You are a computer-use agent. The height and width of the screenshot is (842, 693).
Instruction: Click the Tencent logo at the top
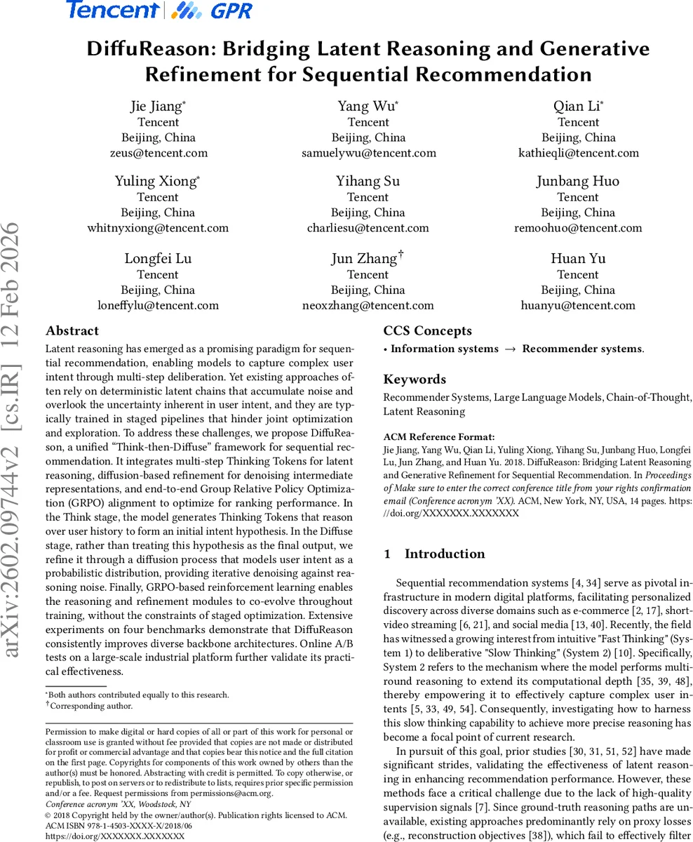pyautogui.click(x=112, y=10)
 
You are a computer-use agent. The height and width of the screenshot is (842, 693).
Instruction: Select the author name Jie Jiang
pyautogui.click(x=156, y=106)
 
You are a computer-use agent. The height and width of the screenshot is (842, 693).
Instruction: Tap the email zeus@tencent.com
pyautogui.click(x=159, y=153)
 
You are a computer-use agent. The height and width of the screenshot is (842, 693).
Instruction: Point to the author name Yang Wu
pyautogui.click(x=366, y=106)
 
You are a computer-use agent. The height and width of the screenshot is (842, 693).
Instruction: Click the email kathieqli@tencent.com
pyautogui.click(x=578, y=153)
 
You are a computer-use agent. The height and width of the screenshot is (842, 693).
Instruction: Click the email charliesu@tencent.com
pyautogui.click(x=368, y=228)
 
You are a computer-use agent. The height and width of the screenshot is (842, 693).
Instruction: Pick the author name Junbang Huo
pyautogui.click(x=578, y=181)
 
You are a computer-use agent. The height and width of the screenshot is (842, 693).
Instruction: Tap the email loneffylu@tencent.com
pyautogui.click(x=158, y=305)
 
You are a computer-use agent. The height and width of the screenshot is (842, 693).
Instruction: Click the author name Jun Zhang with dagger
pyautogui.click(x=366, y=258)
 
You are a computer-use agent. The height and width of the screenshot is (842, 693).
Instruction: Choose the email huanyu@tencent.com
pyautogui.click(x=578, y=305)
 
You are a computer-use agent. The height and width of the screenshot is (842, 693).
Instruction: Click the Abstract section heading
pyautogui.click(x=72, y=331)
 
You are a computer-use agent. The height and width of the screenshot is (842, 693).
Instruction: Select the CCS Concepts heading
pyautogui.click(x=427, y=331)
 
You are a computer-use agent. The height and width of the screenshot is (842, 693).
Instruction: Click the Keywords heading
pyautogui.click(x=415, y=380)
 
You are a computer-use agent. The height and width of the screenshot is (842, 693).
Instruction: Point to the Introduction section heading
pyautogui.click(x=444, y=554)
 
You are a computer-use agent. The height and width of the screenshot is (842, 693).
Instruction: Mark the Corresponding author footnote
pyautogui.click(x=90, y=707)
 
